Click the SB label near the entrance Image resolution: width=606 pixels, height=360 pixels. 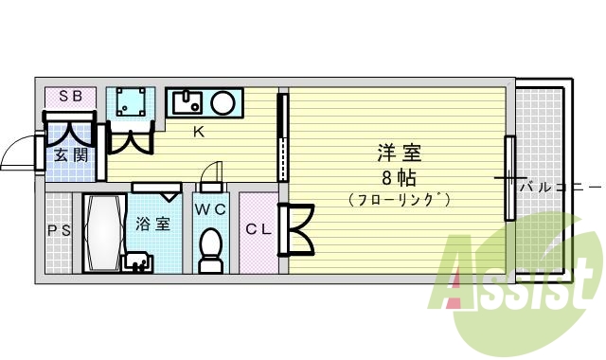(69, 97)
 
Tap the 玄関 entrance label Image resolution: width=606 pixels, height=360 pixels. (70, 153)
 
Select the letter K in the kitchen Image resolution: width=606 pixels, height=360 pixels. (199, 132)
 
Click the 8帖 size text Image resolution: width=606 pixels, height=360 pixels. (399, 177)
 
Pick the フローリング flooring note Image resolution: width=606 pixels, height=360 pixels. (398, 200)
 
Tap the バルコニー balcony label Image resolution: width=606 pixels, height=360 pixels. (560, 187)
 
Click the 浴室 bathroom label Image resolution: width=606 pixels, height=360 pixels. (153, 225)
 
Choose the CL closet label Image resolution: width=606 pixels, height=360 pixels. (258, 228)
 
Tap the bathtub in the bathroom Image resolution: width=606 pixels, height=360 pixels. (102, 232)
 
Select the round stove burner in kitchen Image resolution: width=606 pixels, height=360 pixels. (225, 101)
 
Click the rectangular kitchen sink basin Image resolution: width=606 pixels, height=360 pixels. (187, 100)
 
